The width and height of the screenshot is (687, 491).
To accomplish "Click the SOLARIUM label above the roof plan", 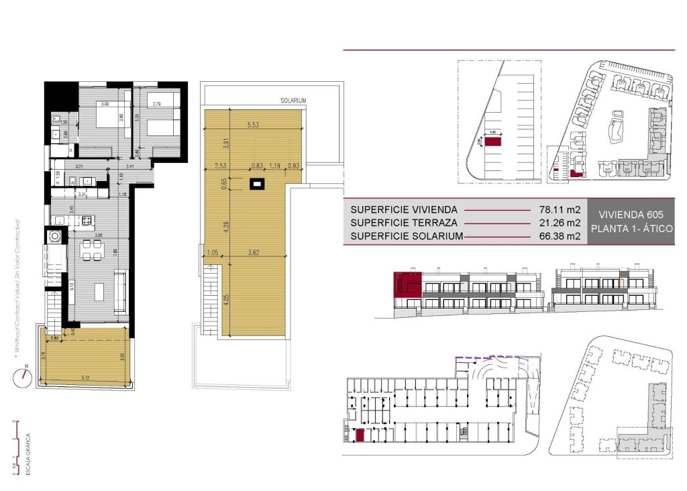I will [x=293, y=100].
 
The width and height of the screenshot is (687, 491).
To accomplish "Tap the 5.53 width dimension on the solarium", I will [x=253, y=125].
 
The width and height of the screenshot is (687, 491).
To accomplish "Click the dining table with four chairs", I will [x=92, y=250].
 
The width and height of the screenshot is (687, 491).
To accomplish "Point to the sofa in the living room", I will [x=121, y=292].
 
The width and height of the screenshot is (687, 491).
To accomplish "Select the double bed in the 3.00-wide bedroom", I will [x=103, y=119].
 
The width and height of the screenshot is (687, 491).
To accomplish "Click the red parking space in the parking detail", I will [x=494, y=142].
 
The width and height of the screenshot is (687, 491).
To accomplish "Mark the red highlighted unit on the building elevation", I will [x=408, y=284].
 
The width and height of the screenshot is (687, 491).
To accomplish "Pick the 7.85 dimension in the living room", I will [x=115, y=252].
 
